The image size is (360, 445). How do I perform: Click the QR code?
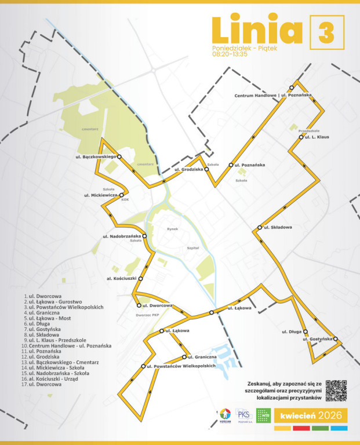pos(336,391)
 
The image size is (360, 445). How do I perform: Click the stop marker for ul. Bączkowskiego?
pos(119,156)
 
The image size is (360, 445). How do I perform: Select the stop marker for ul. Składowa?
pos(259,227)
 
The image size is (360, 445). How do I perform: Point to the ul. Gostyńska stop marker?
pos(335,338)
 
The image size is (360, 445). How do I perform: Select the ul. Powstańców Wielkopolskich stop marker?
pos(143,366)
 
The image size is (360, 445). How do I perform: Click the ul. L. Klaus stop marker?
pos(301,137)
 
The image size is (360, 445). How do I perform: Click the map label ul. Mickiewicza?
pos(101,195)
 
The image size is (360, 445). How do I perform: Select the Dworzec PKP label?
pos(147,315)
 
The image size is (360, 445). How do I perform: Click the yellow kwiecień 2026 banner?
pos(310,415)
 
